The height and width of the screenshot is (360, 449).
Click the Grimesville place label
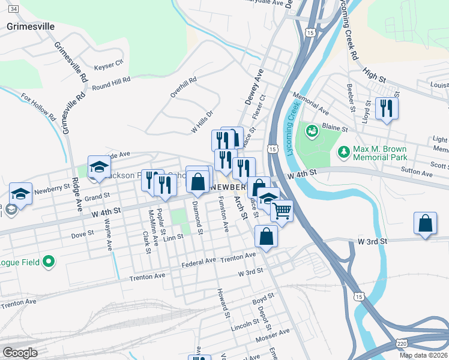(31, 26)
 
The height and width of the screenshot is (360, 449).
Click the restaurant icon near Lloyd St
(386, 109)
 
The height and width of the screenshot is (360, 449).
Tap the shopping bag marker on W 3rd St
(425, 224)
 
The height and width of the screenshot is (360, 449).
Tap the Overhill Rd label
(183, 88)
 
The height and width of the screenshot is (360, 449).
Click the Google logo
(20, 352)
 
